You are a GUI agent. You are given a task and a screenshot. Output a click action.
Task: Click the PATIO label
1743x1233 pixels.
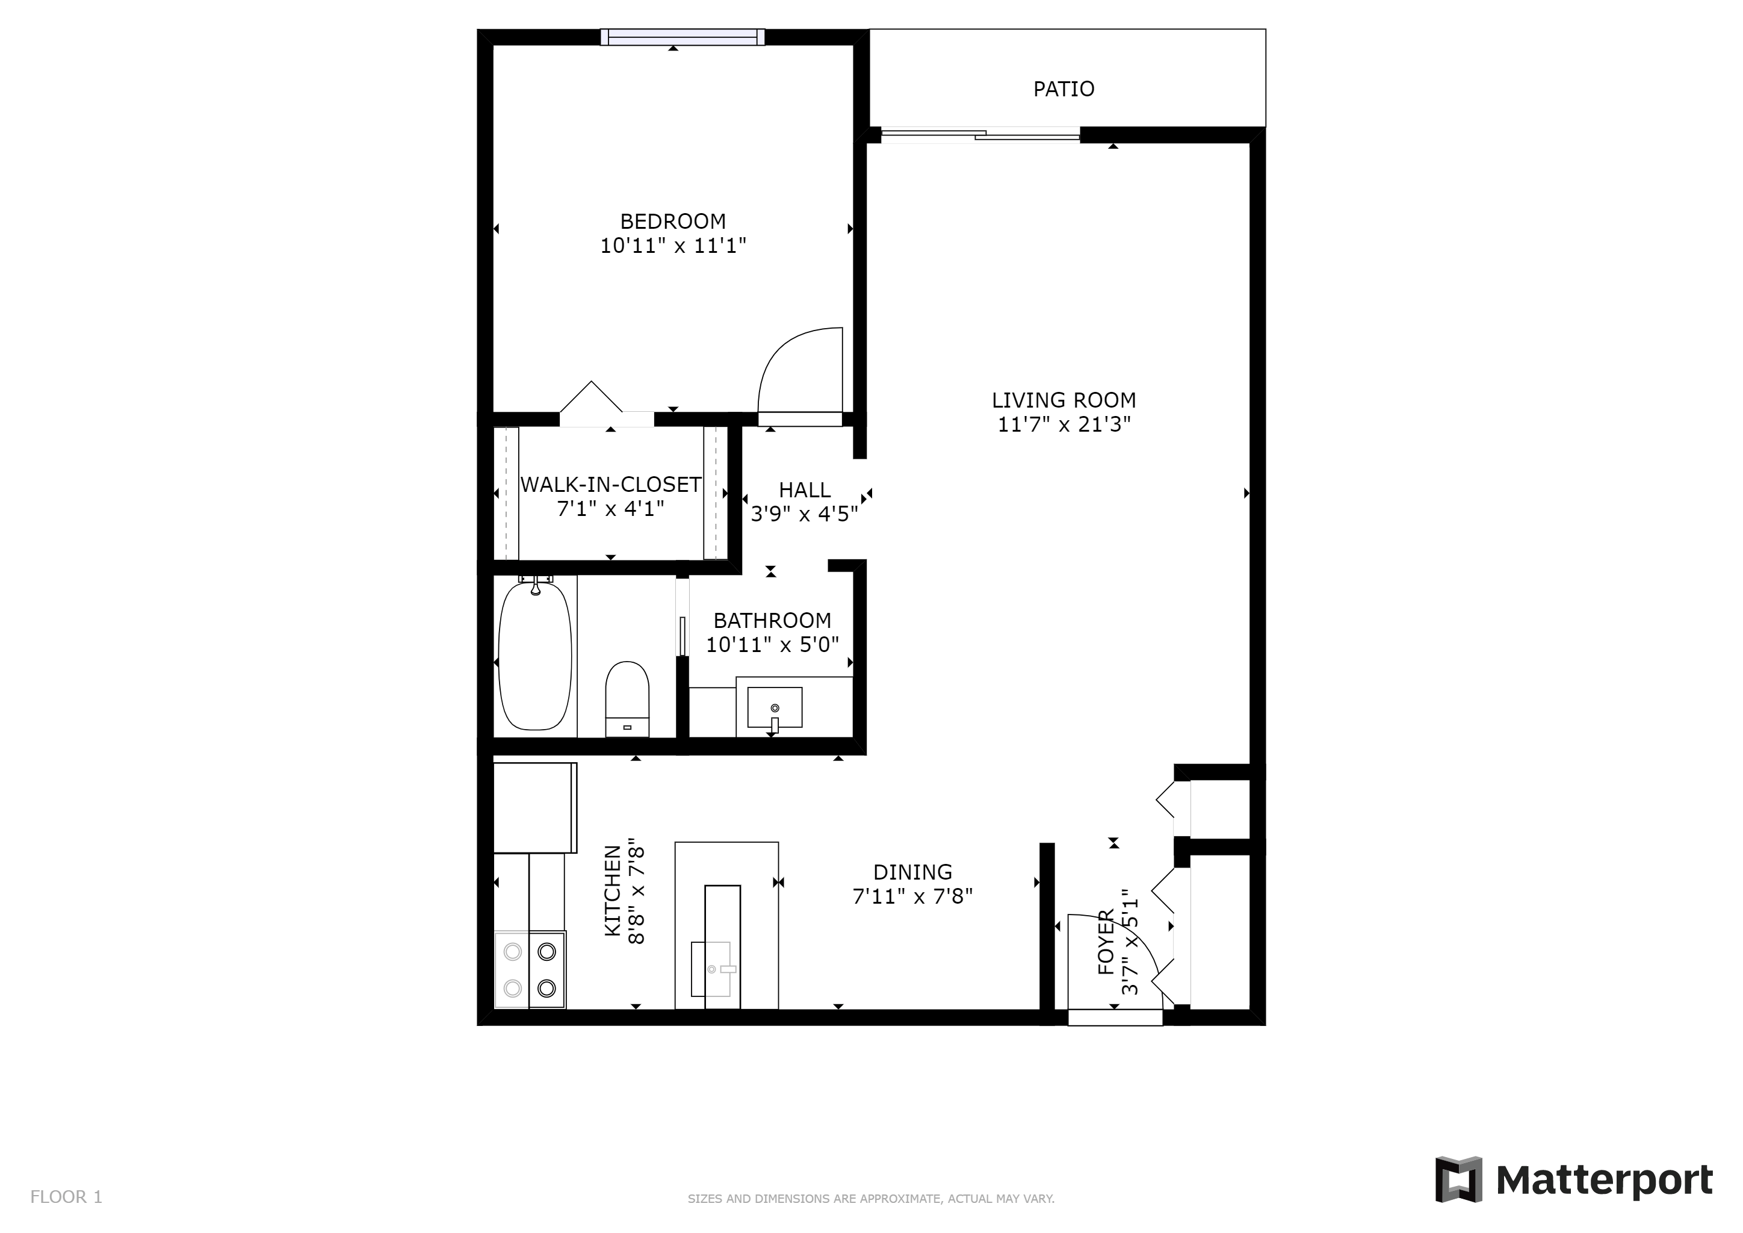(1063, 90)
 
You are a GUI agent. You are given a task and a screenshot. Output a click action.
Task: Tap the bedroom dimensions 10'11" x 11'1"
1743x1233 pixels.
(673, 246)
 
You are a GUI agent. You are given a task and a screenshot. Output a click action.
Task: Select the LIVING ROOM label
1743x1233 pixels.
(1063, 400)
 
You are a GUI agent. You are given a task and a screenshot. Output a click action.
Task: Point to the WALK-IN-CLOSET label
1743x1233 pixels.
(611, 485)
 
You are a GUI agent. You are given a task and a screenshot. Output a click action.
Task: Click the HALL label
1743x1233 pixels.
(805, 489)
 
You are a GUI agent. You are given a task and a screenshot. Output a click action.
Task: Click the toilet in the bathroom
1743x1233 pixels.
(627, 698)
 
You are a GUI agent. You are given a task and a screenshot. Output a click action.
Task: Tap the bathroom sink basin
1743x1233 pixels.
(775, 707)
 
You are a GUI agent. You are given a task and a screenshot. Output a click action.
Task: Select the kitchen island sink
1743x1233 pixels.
(711, 969)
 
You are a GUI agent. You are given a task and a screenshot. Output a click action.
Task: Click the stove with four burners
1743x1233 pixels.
(530, 969)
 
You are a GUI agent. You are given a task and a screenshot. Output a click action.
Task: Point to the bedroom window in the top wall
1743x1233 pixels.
(683, 37)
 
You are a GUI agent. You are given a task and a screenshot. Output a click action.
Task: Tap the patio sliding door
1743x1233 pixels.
(980, 135)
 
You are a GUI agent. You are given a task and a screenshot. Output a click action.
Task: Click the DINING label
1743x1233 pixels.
(912, 872)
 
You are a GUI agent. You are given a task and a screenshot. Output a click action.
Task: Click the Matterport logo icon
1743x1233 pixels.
(1458, 1179)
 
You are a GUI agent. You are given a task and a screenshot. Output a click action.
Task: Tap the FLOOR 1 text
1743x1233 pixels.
(66, 1196)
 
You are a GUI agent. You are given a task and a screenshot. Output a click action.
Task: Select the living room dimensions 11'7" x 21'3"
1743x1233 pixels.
(1063, 424)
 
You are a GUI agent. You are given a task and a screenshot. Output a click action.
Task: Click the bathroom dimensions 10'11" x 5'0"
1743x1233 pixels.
(773, 645)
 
